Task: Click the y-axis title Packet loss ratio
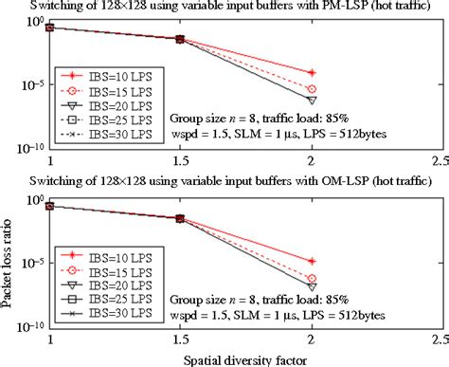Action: pyautogui.click(x=8, y=251)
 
